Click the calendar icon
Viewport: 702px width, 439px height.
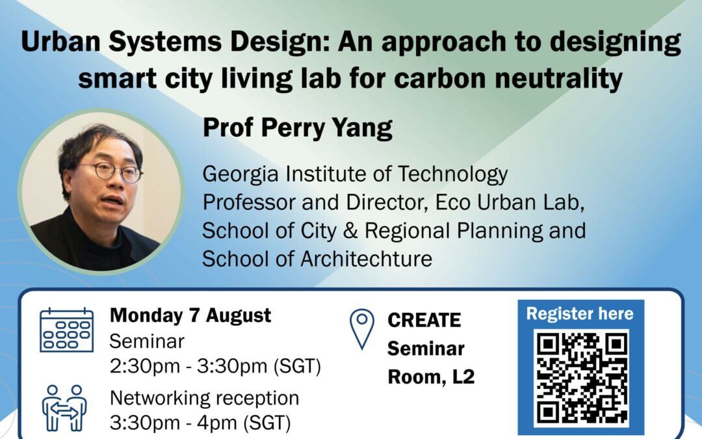pos(67,330)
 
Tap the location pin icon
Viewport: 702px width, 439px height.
pos(362,328)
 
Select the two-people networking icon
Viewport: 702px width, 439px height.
pos(64,408)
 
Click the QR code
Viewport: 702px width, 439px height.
pos(581,379)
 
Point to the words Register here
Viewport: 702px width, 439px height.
pos(580,313)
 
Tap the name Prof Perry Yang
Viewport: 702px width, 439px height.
pos(297,129)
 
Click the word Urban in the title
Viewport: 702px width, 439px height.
pos(60,41)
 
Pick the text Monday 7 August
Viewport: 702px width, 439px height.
pos(190,315)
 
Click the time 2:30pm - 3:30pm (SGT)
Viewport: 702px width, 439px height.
pos(215,366)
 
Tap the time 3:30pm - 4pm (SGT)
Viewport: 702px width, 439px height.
pos(200,423)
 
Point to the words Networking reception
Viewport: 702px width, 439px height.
pos(205,398)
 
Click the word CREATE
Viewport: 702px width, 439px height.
pos(424,320)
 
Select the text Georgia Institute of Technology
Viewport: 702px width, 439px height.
pos(355,174)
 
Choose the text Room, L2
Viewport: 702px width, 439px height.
pos(431,377)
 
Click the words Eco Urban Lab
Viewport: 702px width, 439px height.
pos(510,202)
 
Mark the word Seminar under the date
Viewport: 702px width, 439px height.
pos(147,341)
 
